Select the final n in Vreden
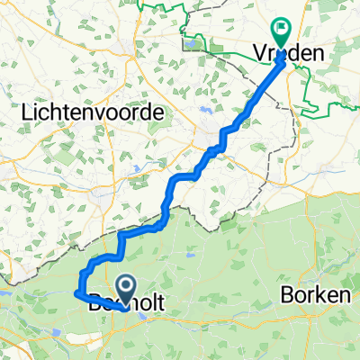click(319, 56)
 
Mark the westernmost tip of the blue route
click(73, 292)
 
